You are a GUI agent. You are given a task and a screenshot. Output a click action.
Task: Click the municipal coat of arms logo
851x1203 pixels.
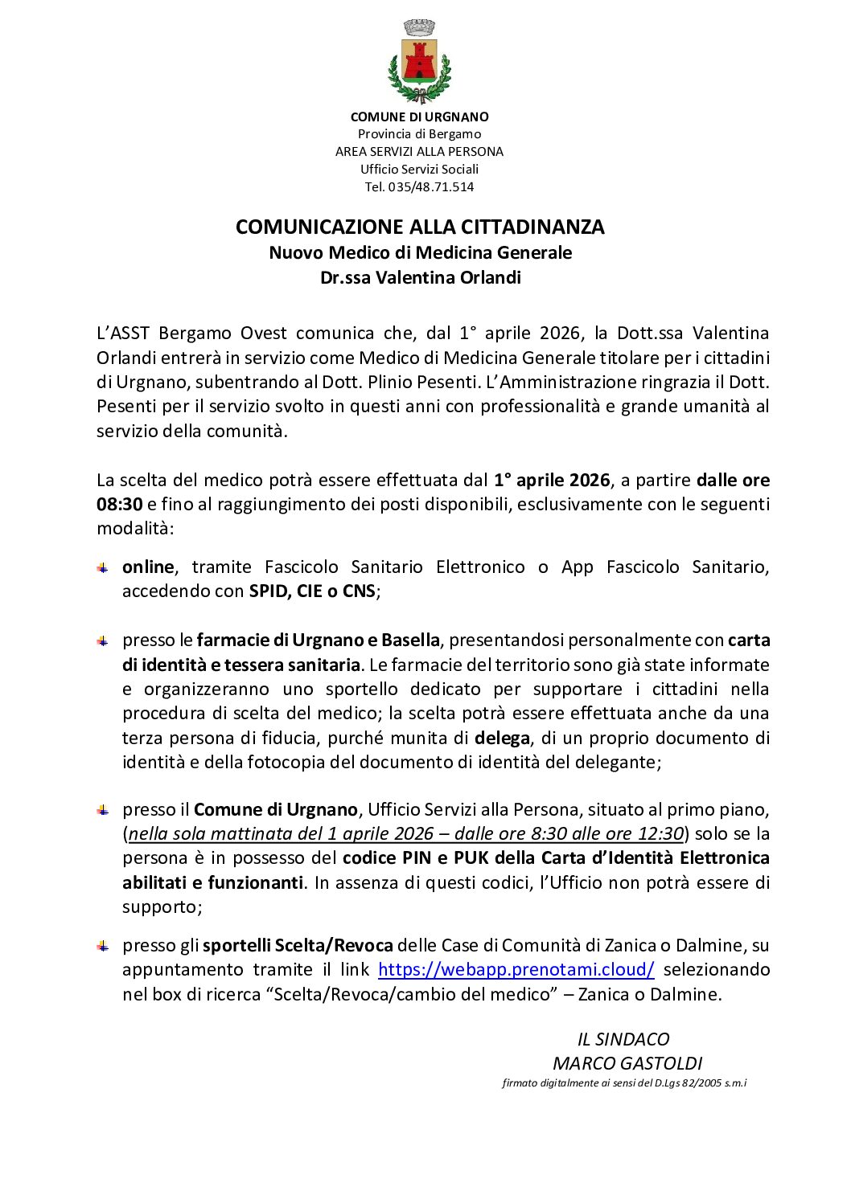(419, 62)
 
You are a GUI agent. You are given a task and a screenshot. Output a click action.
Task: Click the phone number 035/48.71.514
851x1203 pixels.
(431, 187)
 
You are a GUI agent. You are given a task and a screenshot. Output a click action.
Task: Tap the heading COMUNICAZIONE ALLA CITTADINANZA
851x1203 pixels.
(420, 227)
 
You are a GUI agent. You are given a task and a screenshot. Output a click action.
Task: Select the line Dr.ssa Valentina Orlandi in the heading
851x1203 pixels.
(420, 278)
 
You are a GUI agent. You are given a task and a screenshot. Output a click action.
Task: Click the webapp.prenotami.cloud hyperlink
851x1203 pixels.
(516, 970)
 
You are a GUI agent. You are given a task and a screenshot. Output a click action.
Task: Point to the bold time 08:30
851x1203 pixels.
(120, 505)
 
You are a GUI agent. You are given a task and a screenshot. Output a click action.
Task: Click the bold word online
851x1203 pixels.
(148, 567)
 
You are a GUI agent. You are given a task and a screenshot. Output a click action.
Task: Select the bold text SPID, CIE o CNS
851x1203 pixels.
(312, 591)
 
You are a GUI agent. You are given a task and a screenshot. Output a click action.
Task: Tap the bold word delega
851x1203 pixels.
(502, 738)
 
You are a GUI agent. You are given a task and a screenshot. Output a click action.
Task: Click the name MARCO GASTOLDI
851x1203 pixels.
(627, 1064)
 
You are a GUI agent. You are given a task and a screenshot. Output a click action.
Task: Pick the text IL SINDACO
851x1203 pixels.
(623, 1040)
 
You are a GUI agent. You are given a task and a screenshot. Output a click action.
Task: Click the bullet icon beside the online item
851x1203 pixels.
(103, 568)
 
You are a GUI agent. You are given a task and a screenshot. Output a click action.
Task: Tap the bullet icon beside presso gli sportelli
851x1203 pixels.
(103, 946)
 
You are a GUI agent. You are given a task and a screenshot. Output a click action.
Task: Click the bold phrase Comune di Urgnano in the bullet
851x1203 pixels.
(275, 810)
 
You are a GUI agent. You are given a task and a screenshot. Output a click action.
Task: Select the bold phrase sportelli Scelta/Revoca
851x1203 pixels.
(298, 946)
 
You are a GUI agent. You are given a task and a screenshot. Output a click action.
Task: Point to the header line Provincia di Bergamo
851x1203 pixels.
(419, 134)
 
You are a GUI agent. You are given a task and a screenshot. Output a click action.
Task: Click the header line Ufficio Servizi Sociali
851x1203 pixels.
(419, 170)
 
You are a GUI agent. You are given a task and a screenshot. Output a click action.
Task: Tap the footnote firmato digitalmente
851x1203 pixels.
(624, 1083)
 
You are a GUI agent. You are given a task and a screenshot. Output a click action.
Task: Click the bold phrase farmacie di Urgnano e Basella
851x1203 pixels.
(318, 640)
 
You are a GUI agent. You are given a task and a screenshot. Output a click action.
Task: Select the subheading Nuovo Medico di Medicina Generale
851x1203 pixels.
(420, 253)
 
